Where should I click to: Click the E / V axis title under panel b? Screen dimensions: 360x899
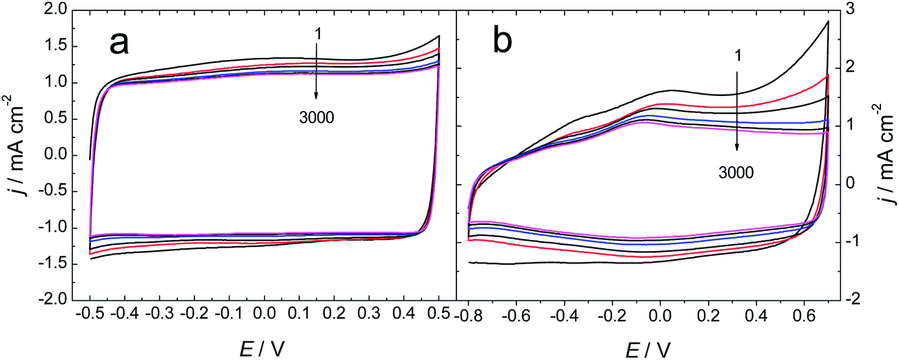(647, 349)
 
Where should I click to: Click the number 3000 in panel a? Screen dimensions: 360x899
(316, 117)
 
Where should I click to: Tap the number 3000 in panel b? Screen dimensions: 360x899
(736, 172)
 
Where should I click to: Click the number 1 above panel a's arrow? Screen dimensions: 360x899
(316, 32)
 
